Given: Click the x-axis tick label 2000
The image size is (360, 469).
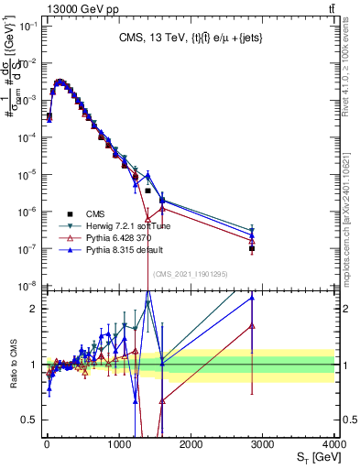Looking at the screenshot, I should [191, 442].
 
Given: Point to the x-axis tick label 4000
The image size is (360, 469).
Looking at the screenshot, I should [333, 442].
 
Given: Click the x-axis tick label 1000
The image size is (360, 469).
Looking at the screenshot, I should [119, 442].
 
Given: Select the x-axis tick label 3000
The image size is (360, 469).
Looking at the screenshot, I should [262, 442].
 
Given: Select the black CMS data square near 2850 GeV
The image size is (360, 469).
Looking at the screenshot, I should [252, 248].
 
